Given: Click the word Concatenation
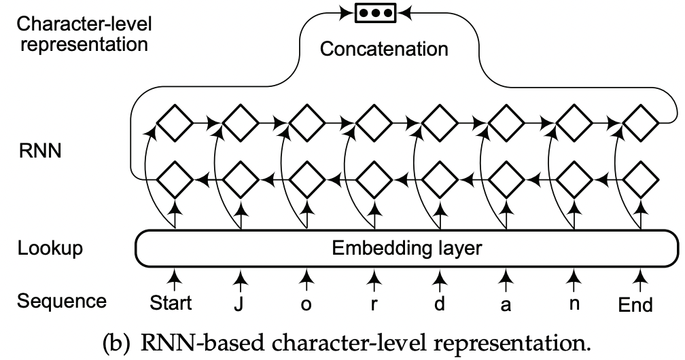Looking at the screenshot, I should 384,49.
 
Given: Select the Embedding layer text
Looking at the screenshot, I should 406,249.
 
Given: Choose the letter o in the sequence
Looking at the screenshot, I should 306,304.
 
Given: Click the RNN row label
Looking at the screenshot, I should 39,151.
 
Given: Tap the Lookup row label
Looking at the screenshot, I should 50,249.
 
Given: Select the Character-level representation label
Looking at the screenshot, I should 84,35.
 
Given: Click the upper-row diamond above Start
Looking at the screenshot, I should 175,123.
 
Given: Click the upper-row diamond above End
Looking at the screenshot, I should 640,123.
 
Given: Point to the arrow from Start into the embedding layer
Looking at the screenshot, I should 175,279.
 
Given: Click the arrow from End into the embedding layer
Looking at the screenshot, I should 639,279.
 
